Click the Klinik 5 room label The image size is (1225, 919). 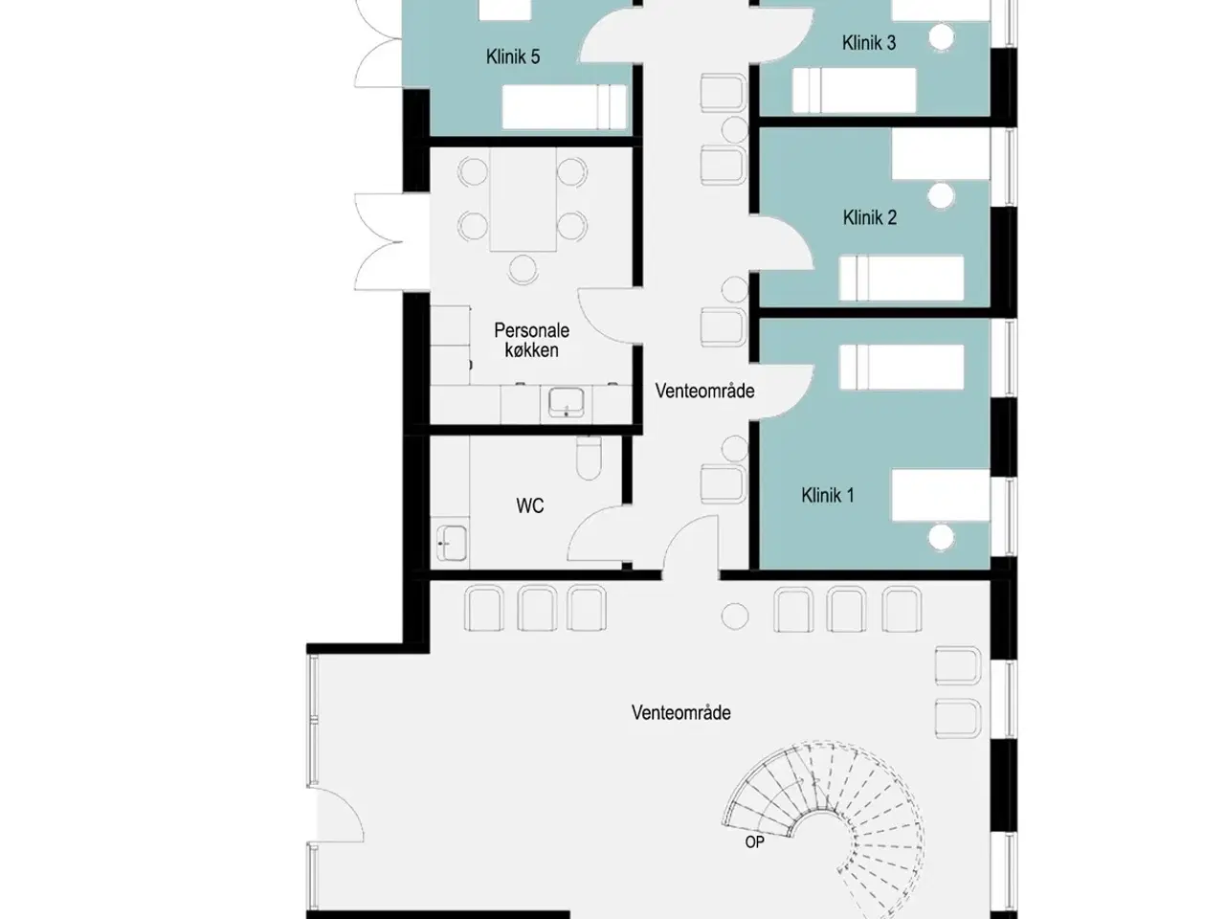coord(513,56)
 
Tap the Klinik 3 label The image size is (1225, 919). coord(869,42)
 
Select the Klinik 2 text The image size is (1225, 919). coord(870,217)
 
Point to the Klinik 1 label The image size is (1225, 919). coord(828,495)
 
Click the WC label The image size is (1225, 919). coord(529,505)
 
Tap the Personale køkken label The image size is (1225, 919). coord(531,341)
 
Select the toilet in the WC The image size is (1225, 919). coord(589,458)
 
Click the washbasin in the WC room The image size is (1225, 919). coord(452,543)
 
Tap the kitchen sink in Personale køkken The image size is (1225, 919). coord(567,402)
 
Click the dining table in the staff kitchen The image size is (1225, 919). coord(523,199)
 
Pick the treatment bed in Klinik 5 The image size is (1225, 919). coord(565,106)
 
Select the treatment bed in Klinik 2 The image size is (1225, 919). coord(902,278)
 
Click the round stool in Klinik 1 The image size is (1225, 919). coord(941,537)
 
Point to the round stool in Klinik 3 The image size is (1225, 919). coord(942,36)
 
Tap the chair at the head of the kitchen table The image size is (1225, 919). coord(523,269)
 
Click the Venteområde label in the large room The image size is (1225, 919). coord(680,712)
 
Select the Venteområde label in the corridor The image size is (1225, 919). coord(704,391)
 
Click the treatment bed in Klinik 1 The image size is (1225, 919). coord(902,367)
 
